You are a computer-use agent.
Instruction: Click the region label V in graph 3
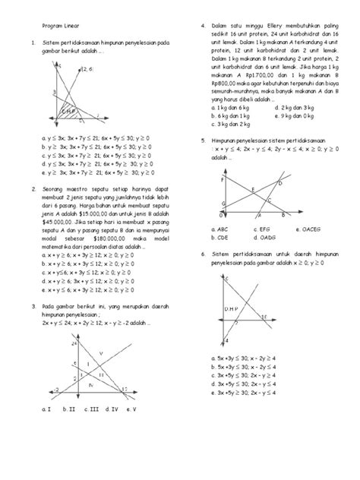[x=100, y=353]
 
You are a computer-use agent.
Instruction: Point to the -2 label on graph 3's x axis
[x=55, y=390]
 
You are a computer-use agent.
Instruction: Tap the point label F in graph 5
[x=223, y=181]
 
